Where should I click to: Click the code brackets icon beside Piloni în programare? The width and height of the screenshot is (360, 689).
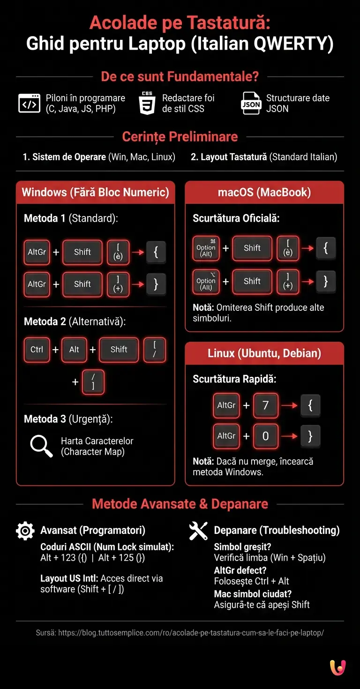point(29,104)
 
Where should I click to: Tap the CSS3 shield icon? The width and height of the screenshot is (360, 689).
point(147,104)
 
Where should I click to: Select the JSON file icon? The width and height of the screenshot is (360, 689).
point(251,104)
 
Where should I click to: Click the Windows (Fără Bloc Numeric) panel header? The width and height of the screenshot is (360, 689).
point(96,192)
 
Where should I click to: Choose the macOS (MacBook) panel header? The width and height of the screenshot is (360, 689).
point(264,192)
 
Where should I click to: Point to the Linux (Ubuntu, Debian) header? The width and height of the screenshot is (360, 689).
point(264,353)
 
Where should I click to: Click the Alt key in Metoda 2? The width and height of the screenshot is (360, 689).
point(74,350)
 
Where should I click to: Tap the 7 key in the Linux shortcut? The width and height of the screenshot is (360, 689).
point(265,405)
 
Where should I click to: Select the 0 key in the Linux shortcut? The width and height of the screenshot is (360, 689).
point(265,436)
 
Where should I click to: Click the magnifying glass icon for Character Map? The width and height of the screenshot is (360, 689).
point(41,446)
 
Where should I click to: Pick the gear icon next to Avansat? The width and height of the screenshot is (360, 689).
point(25,531)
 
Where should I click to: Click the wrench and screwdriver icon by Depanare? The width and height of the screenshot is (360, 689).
point(198,531)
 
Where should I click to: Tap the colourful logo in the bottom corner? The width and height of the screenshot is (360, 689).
point(337,667)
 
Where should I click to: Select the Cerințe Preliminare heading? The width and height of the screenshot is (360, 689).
point(180,137)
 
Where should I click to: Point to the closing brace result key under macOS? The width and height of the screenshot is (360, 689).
point(326,282)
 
